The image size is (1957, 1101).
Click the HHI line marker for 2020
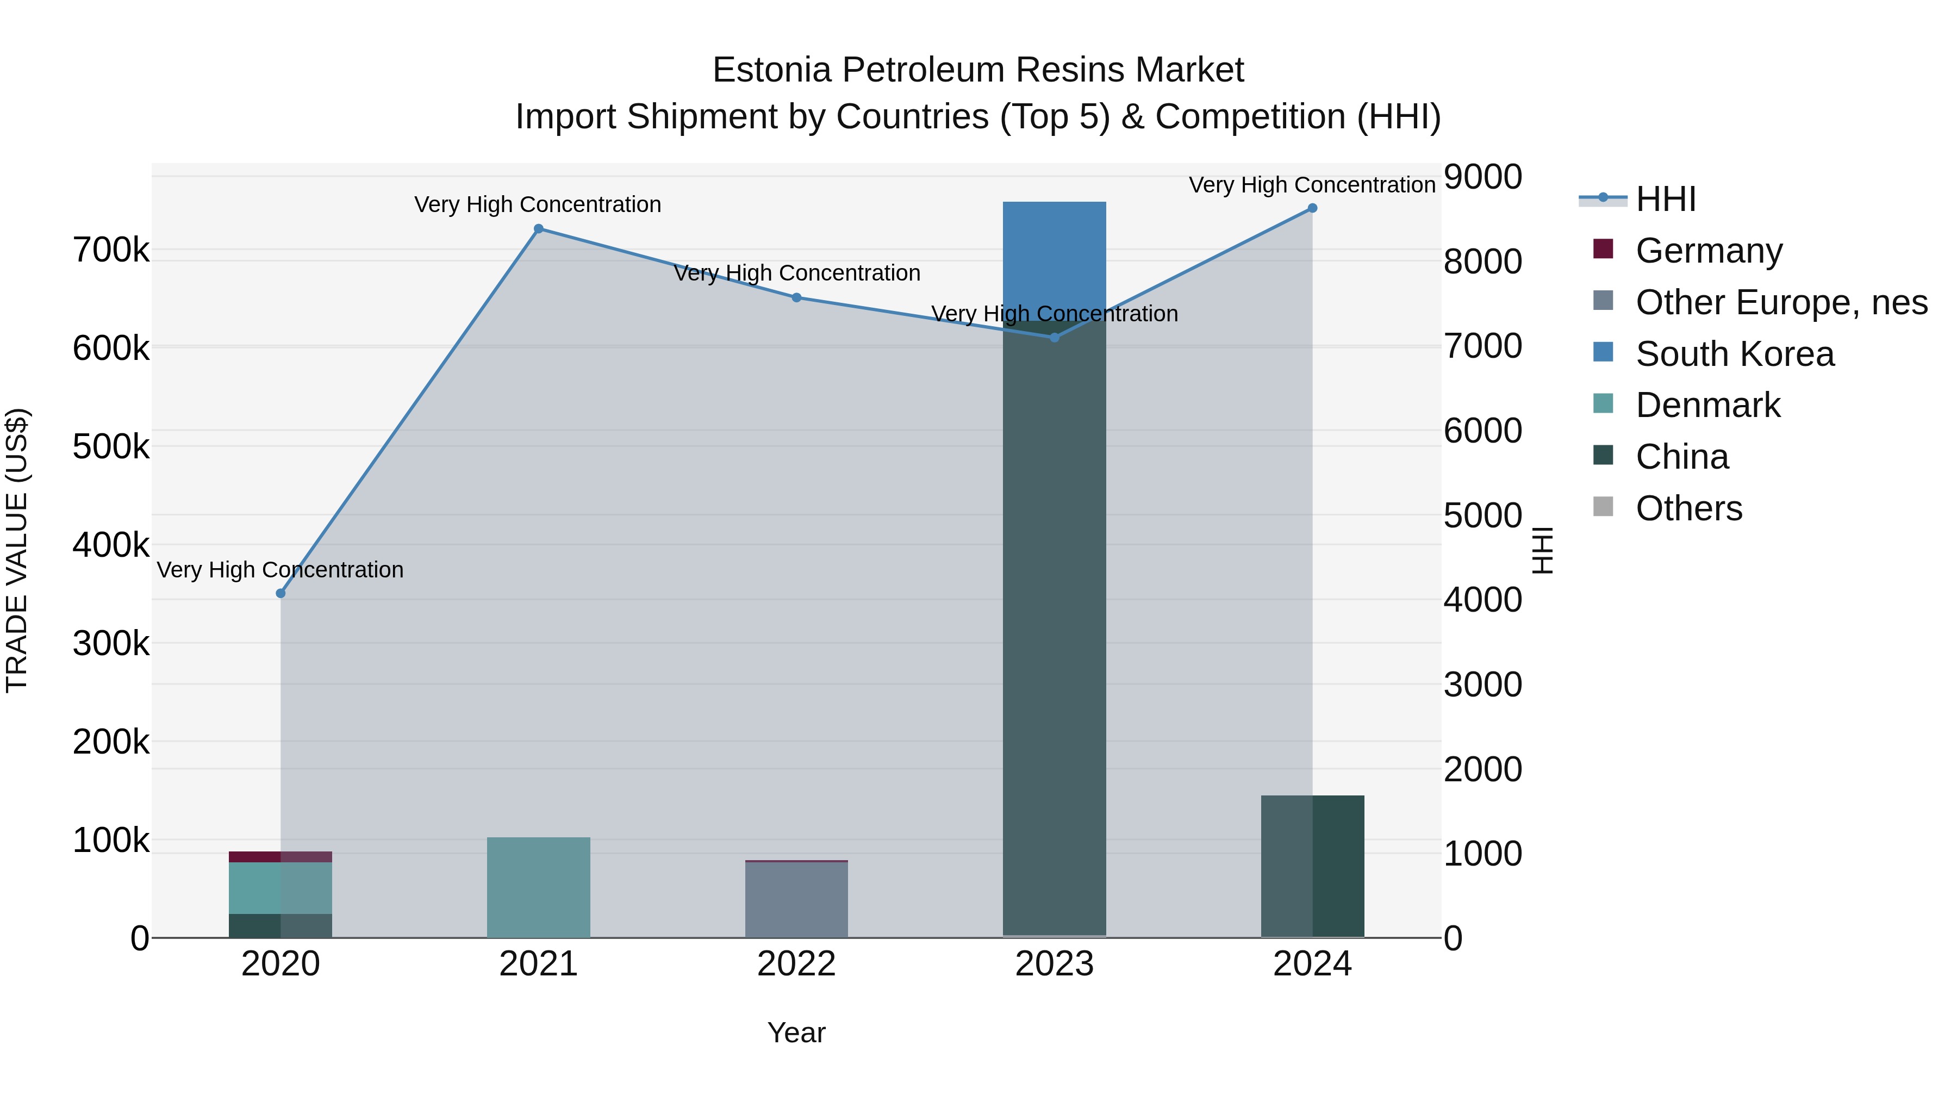click(281, 593)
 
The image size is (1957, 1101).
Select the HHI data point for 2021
click(539, 229)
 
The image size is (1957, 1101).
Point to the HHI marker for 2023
click(1055, 337)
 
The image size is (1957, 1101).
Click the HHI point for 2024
click(1312, 208)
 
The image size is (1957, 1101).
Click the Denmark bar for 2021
click(539, 887)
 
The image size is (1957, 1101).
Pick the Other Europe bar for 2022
click(797, 900)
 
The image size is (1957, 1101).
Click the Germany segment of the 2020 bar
click(281, 857)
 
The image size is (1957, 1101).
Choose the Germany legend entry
click(1709, 251)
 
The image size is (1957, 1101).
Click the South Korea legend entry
click(1735, 354)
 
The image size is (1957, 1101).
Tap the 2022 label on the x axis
click(797, 964)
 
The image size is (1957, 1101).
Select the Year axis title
click(796, 1032)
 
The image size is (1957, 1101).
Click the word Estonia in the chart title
click(771, 70)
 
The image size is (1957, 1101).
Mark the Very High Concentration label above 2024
click(1312, 185)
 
